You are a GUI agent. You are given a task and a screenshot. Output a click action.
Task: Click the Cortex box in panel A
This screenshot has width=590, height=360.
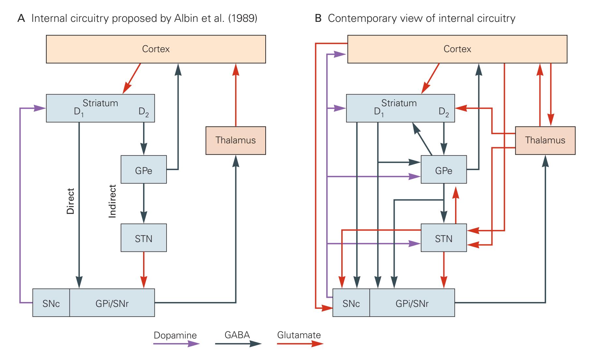[x=156, y=49]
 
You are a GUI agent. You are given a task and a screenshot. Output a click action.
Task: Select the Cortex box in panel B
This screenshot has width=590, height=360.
[x=457, y=49]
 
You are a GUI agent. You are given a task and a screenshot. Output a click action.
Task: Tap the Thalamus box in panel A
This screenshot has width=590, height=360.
[x=235, y=140]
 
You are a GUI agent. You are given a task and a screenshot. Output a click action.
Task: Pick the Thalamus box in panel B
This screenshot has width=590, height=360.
[x=545, y=140]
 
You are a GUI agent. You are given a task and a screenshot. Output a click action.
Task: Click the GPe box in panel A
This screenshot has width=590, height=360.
[x=143, y=169]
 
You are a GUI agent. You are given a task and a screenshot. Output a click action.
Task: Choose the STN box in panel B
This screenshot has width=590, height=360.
[x=444, y=238]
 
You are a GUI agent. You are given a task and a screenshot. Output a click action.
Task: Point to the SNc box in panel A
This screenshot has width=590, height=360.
[x=51, y=303]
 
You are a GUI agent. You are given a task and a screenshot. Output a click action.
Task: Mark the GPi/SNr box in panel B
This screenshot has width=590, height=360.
[x=412, y=303]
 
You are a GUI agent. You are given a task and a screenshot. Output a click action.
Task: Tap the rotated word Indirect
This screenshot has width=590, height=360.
[x=112, y=201]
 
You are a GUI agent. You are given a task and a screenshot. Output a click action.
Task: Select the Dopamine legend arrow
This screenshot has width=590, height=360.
[x=176, y=344]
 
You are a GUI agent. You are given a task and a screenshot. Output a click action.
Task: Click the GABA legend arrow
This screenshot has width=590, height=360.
[x=238, y=344]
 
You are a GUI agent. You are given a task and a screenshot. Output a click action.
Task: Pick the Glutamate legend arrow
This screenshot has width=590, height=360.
[x=300, y=344]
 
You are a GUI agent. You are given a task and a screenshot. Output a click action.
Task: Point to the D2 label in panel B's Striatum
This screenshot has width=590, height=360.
[x=444, y=112]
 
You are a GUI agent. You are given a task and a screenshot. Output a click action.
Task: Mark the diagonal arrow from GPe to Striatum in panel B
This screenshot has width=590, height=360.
[x=422, y=139]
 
